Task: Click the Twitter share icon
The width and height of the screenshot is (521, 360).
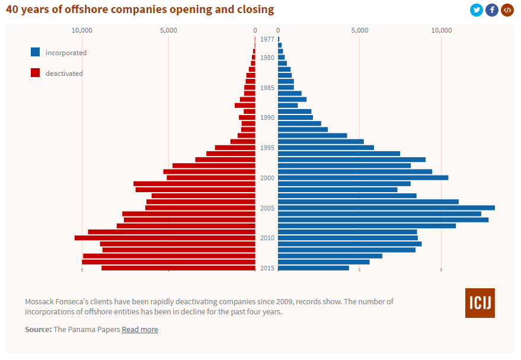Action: point(477,9)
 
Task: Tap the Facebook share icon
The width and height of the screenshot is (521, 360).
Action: point(492,9)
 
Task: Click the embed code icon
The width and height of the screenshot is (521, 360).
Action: point(507,9)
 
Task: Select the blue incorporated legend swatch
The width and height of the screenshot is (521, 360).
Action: point(36,52)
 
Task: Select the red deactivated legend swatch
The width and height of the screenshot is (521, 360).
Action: point(36,73)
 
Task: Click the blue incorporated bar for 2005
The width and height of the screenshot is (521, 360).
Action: point(385,208)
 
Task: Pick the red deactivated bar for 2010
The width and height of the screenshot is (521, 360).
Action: point(165,238)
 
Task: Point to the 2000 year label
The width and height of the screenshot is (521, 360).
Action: point(267,178)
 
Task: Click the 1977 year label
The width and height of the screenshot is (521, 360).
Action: point(267,39)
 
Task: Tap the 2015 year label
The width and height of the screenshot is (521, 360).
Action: point(267,268)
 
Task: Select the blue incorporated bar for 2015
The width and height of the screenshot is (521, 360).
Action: point(313,268)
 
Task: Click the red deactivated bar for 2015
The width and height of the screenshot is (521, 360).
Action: point(178,268)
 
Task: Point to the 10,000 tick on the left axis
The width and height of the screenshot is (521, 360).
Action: point(82,30)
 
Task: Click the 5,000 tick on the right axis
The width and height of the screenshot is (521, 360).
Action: point(360,30)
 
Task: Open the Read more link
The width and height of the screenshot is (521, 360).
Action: point(140,329)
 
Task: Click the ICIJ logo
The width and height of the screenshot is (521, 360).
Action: point(480,303)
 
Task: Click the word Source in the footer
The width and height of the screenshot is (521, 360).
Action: point(38,329)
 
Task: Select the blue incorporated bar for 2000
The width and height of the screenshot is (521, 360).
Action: point(363,178)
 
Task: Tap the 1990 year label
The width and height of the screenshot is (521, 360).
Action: point(267,117)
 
